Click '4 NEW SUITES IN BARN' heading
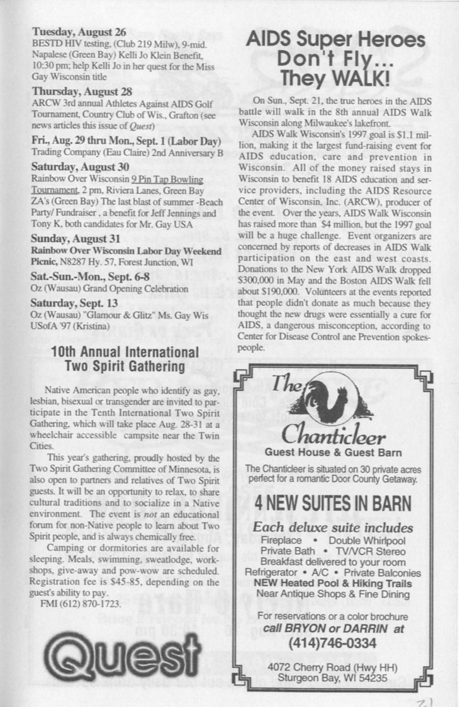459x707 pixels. [333, 504]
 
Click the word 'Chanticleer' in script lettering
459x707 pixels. [334, 437]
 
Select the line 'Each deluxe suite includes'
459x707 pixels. [333, 528]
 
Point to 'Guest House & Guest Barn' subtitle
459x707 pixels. [333, 453]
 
